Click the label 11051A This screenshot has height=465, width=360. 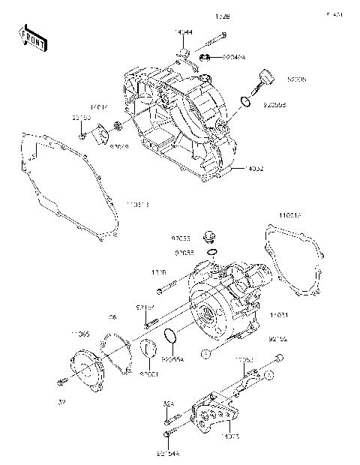(x=292, y=215)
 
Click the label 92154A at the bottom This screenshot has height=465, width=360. (x=169, y=452)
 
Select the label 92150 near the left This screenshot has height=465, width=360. (x=81, y=118)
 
